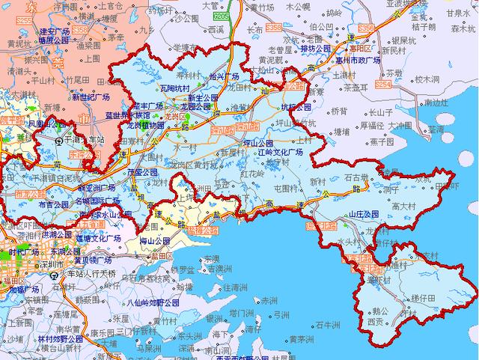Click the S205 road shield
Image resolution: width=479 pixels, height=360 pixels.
click(x=221, y=16)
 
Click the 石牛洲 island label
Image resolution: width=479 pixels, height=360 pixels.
click(x=329, y=325)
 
